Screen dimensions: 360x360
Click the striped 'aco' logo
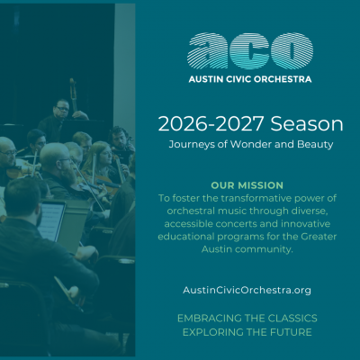250,51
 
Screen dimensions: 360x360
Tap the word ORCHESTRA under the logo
283,79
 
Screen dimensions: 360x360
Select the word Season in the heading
307,123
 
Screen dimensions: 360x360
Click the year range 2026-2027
211,123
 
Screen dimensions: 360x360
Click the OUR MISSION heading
247,185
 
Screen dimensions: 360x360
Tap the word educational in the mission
186,237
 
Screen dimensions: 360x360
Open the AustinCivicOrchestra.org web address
247,290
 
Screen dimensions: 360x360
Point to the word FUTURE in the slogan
291,332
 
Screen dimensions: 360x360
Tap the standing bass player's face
62,110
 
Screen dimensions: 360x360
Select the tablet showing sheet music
51,220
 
